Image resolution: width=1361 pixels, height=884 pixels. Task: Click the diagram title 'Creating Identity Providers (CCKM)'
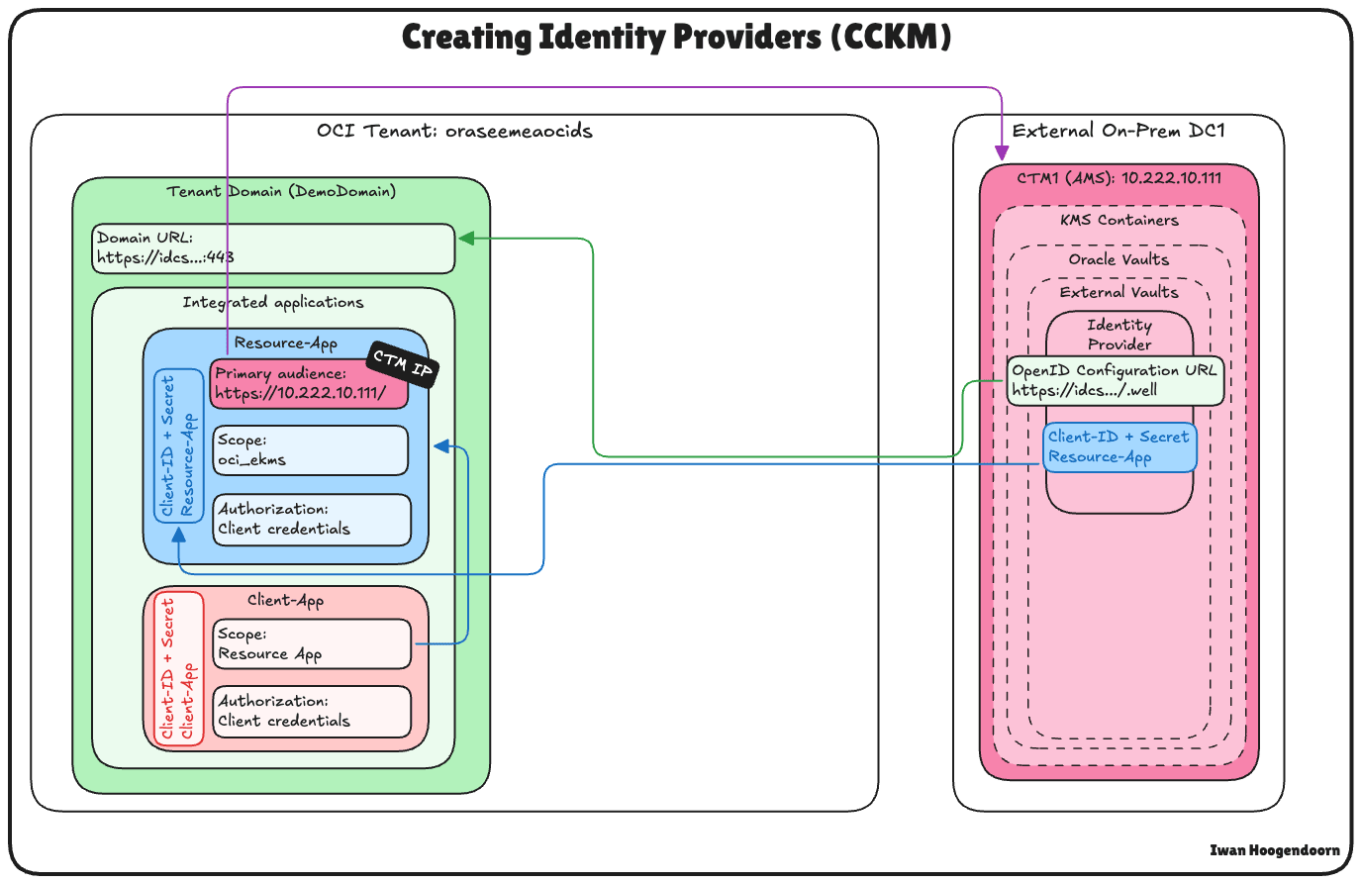pos(677,38)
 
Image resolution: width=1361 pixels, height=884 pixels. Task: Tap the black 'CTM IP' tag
pos(402,365)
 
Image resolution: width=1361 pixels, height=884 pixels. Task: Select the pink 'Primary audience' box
pos(309,384)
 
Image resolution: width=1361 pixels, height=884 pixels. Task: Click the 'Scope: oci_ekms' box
pos(311,450)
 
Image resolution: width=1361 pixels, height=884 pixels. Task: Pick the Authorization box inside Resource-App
pos(312,520)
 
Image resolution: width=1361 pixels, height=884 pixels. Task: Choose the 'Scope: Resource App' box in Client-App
pos(312,644)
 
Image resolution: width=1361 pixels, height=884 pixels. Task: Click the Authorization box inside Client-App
pos(312,712)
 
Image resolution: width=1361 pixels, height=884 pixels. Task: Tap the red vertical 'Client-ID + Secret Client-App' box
pos(179,669)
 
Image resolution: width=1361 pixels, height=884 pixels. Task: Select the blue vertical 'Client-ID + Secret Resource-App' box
pos(178,445)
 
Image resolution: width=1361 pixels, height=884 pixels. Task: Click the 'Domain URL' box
pos(274,248)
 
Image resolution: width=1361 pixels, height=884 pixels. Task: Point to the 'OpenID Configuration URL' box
pos(1116,380)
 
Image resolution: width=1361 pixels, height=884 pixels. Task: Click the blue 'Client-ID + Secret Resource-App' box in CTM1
pos(1119,447)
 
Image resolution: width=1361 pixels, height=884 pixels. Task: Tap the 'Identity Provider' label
pos(1119,335)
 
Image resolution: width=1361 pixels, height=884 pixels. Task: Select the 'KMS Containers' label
pos(1119,220)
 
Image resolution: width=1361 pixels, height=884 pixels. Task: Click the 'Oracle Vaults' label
pos(1119,259)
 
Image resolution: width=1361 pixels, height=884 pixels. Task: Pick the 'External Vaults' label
pos(1119,292)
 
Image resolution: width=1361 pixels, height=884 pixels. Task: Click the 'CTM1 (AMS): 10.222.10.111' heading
pos(1119,178)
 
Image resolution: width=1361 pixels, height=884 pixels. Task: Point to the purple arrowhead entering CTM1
pos(1002,153)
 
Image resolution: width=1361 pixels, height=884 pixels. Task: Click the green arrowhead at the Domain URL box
pos(466,239)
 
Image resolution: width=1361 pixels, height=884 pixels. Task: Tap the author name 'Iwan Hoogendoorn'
pos(1275,850)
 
